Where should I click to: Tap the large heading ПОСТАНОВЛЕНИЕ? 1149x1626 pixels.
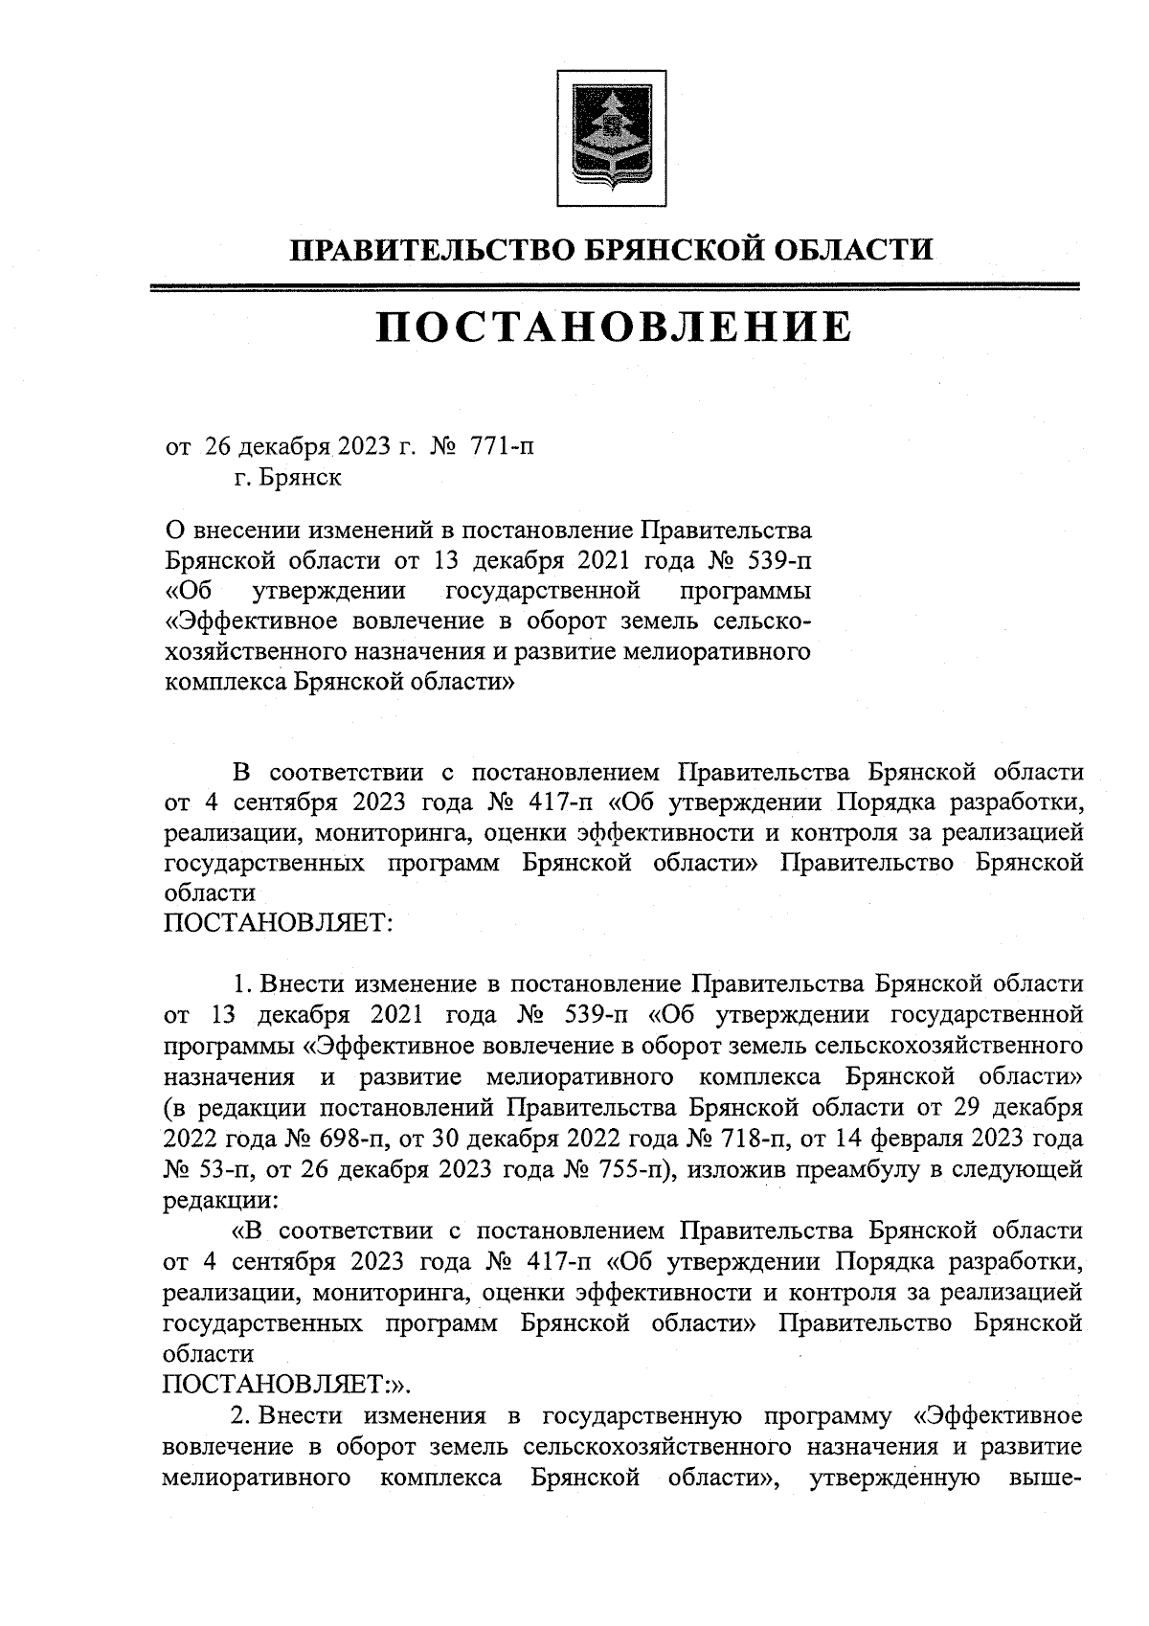(613, 327)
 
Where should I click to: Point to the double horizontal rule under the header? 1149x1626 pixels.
(613, 286)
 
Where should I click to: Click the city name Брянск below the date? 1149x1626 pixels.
(299, 476)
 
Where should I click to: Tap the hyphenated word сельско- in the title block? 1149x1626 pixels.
(761, 621)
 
